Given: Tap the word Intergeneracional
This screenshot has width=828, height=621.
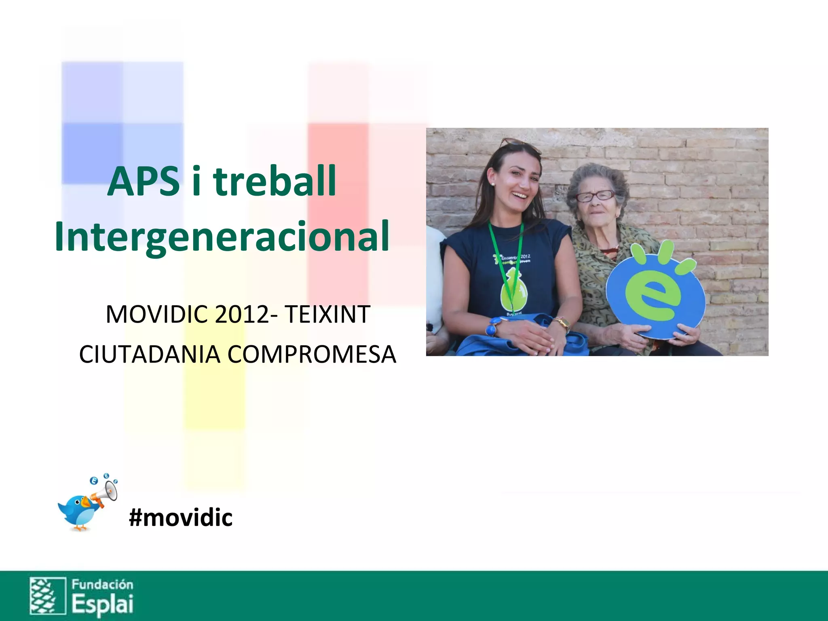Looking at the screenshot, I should (x=222, y=237).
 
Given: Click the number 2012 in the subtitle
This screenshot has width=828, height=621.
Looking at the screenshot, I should (x=242, y=315).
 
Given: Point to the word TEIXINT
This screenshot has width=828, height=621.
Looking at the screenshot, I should (x=327, y=315).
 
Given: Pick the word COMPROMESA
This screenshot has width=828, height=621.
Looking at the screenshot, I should (x=312, y=355).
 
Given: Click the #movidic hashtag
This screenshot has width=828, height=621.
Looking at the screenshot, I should (x=181, y=517).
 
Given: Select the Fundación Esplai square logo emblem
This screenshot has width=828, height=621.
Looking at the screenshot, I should (x=48, y=596).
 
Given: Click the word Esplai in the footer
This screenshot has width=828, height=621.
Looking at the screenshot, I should (x=103, y=604).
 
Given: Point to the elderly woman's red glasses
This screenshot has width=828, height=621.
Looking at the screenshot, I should (x=595, y=196).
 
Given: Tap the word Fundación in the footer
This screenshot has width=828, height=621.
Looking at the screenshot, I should (x=102, y=585).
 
